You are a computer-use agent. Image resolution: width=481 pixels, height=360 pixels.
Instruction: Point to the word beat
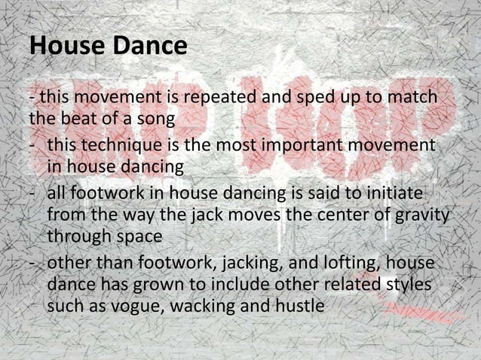coord(75,118)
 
